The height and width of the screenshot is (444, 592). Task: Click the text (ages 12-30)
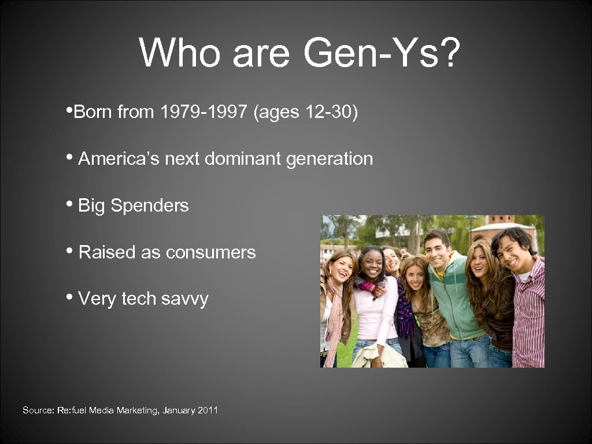pyautogui.click(x=306, y=112)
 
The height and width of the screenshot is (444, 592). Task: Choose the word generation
pyautogui.click(x=330, y=158)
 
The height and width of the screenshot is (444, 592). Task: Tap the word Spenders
pyautogui.click(x=150, y=205)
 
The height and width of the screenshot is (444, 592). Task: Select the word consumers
pyautogui.click(x=210, y=252)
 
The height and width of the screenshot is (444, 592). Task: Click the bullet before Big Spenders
pyautogui.click(x=69, y=205)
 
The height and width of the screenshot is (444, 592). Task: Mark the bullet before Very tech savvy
pyautogui.click(x=69, y=298)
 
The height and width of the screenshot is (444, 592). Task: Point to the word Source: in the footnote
pyautogui.click(x=38, y=410)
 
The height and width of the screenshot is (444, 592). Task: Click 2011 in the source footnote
pyautogui.click(x=208, y=410)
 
